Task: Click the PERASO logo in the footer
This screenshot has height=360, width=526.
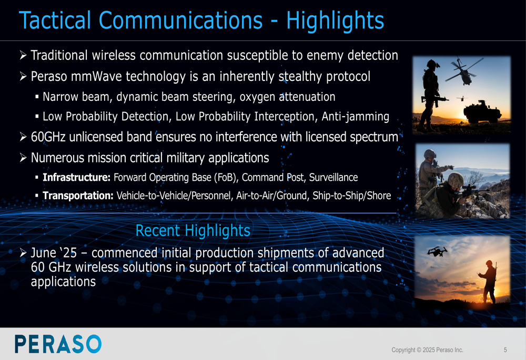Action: (x=58, y=344)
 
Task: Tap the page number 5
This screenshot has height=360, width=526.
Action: (x=505, y=350)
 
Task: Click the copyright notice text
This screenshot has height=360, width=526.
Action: (x=427, y=350)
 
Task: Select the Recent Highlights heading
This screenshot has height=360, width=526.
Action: (x=193, y=231)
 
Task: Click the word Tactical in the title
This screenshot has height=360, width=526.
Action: (x=55, y=20)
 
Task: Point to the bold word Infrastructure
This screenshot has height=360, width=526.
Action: (x=76, y=177)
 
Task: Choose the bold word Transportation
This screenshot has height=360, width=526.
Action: (x=78, y=196)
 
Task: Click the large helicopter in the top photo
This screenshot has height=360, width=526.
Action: (x=463, y=71)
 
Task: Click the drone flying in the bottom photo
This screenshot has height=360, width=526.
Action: (x=437, y=251)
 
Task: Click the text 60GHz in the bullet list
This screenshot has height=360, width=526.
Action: (x=48, y=137)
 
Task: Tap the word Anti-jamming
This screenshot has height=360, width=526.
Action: (x=355, y=116)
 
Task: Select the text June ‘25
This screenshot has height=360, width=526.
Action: (x=54, y=253)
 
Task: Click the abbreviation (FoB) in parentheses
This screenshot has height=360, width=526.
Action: (x=226, y=177)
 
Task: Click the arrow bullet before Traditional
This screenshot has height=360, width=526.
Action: (x=23, y=55)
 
